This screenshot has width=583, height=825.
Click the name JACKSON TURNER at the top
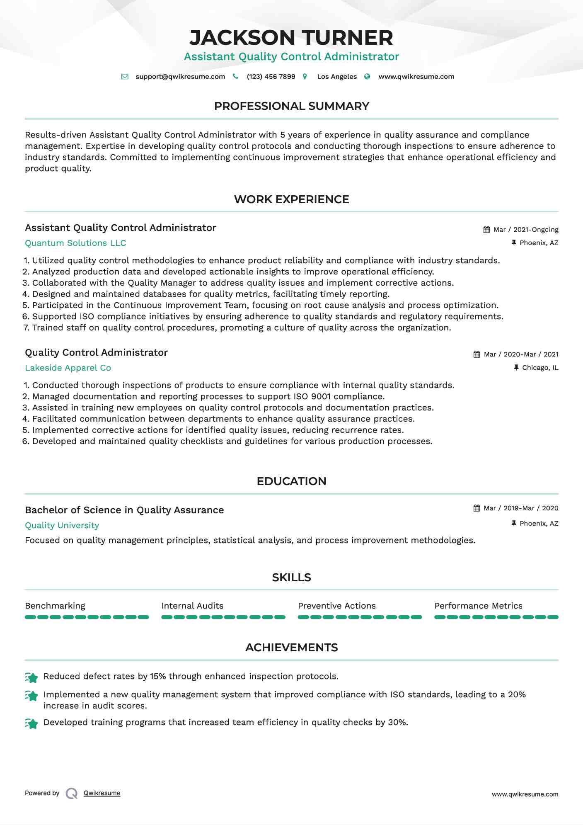[x=291, y=38]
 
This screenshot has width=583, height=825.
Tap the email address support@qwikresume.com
[x=180, y=77]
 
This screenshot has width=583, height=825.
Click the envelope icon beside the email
[x=125, y=77]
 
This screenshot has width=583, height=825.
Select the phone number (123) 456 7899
[x=271, y=77]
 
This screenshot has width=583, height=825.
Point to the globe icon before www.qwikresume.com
[x=367, y=77]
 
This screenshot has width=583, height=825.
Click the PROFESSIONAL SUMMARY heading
[x=291, y=106]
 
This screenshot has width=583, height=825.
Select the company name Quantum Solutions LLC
[x=75, y=243]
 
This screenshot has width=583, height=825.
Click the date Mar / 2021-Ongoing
[x=526, y=230]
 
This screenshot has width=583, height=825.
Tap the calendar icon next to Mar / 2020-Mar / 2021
[x=477, y=354]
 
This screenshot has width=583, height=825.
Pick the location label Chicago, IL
[x=540, y=368]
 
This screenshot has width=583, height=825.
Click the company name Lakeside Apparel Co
[x=68, y=368]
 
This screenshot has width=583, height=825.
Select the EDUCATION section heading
[x=291, y=481]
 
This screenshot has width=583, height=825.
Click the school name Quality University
[x=62, y=525]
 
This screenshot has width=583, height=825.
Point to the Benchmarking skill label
[x=55, y=606]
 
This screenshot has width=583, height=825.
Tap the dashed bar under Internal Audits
[x=223, y=617]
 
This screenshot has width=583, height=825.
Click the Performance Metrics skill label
[x=478, y=606]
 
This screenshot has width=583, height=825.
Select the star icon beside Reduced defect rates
[x=31, y=677]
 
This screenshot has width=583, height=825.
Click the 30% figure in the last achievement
[x=397, y=723]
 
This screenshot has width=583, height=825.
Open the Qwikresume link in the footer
[x=102, y=793]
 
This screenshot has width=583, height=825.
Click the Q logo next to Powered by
[x=72, y=793]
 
